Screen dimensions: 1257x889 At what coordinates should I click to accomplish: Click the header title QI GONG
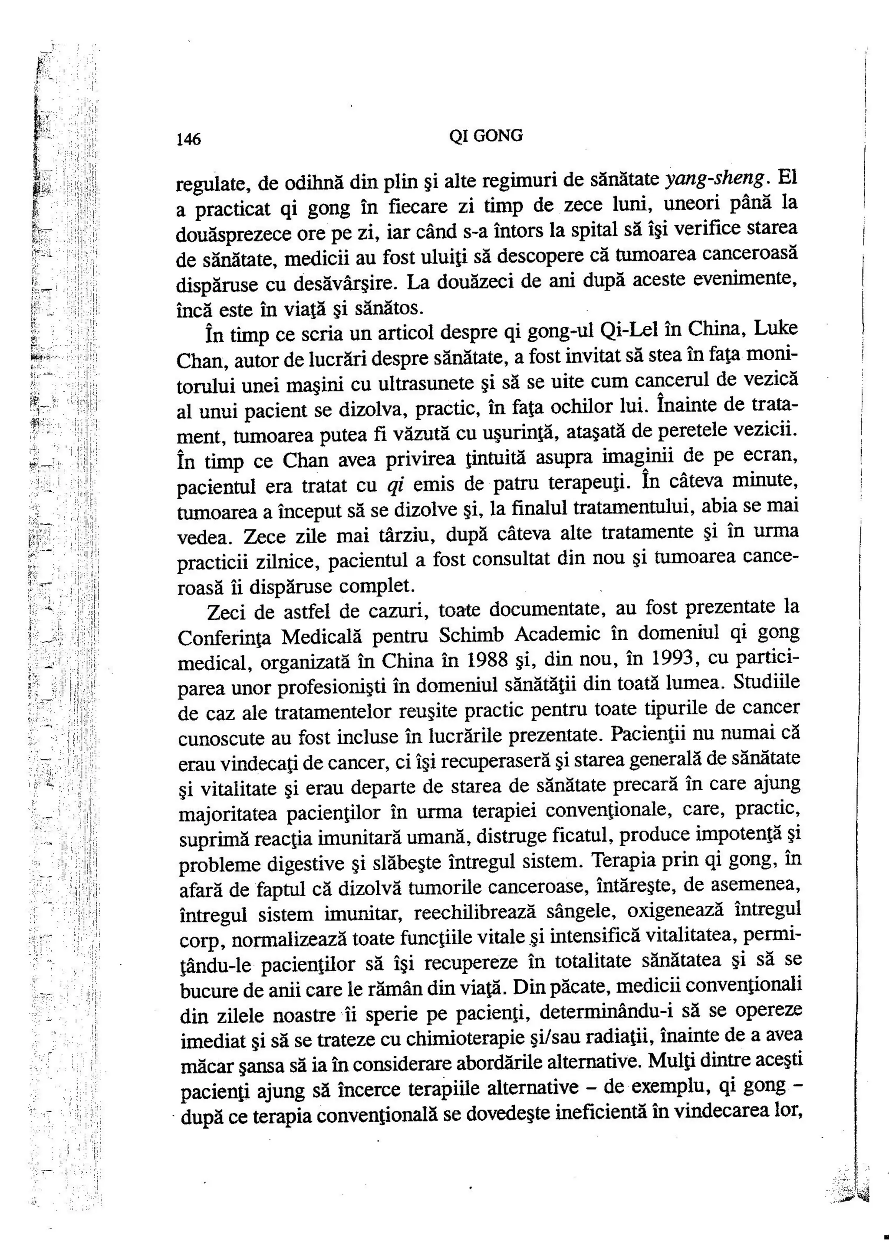point(485,136)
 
